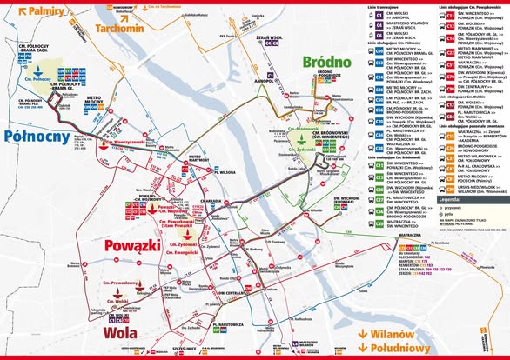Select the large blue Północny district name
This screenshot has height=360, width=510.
tap(37, 136)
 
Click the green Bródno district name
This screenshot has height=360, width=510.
tap(326, 62)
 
